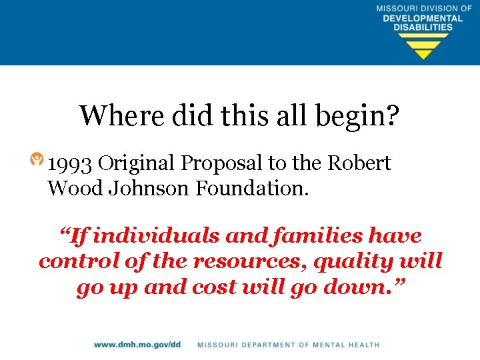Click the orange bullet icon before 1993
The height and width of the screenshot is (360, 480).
(x=37, y=160)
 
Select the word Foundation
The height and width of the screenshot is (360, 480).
(x=252, y=189)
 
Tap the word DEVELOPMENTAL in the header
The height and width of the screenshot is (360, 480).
(x=423, y=18)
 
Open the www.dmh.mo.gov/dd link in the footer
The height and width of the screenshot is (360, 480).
(x=137, y=345)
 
